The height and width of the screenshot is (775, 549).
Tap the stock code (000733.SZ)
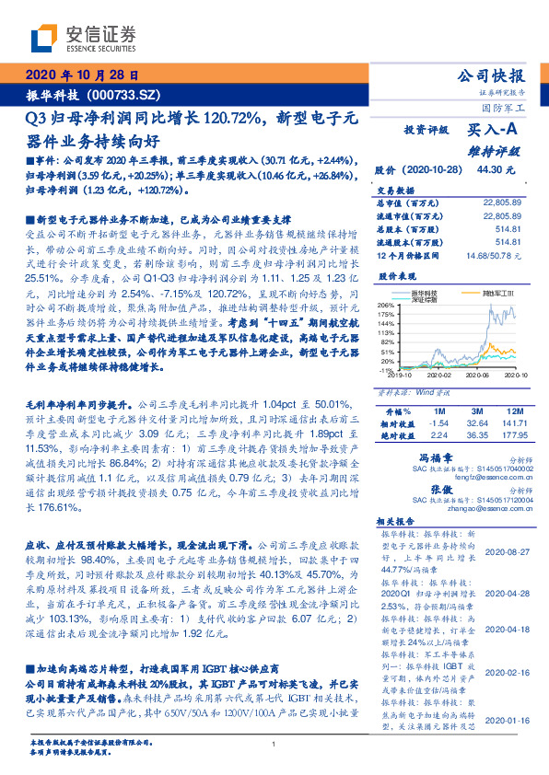click(124, 95)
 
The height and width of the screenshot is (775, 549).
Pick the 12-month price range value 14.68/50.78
click(495, 254)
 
